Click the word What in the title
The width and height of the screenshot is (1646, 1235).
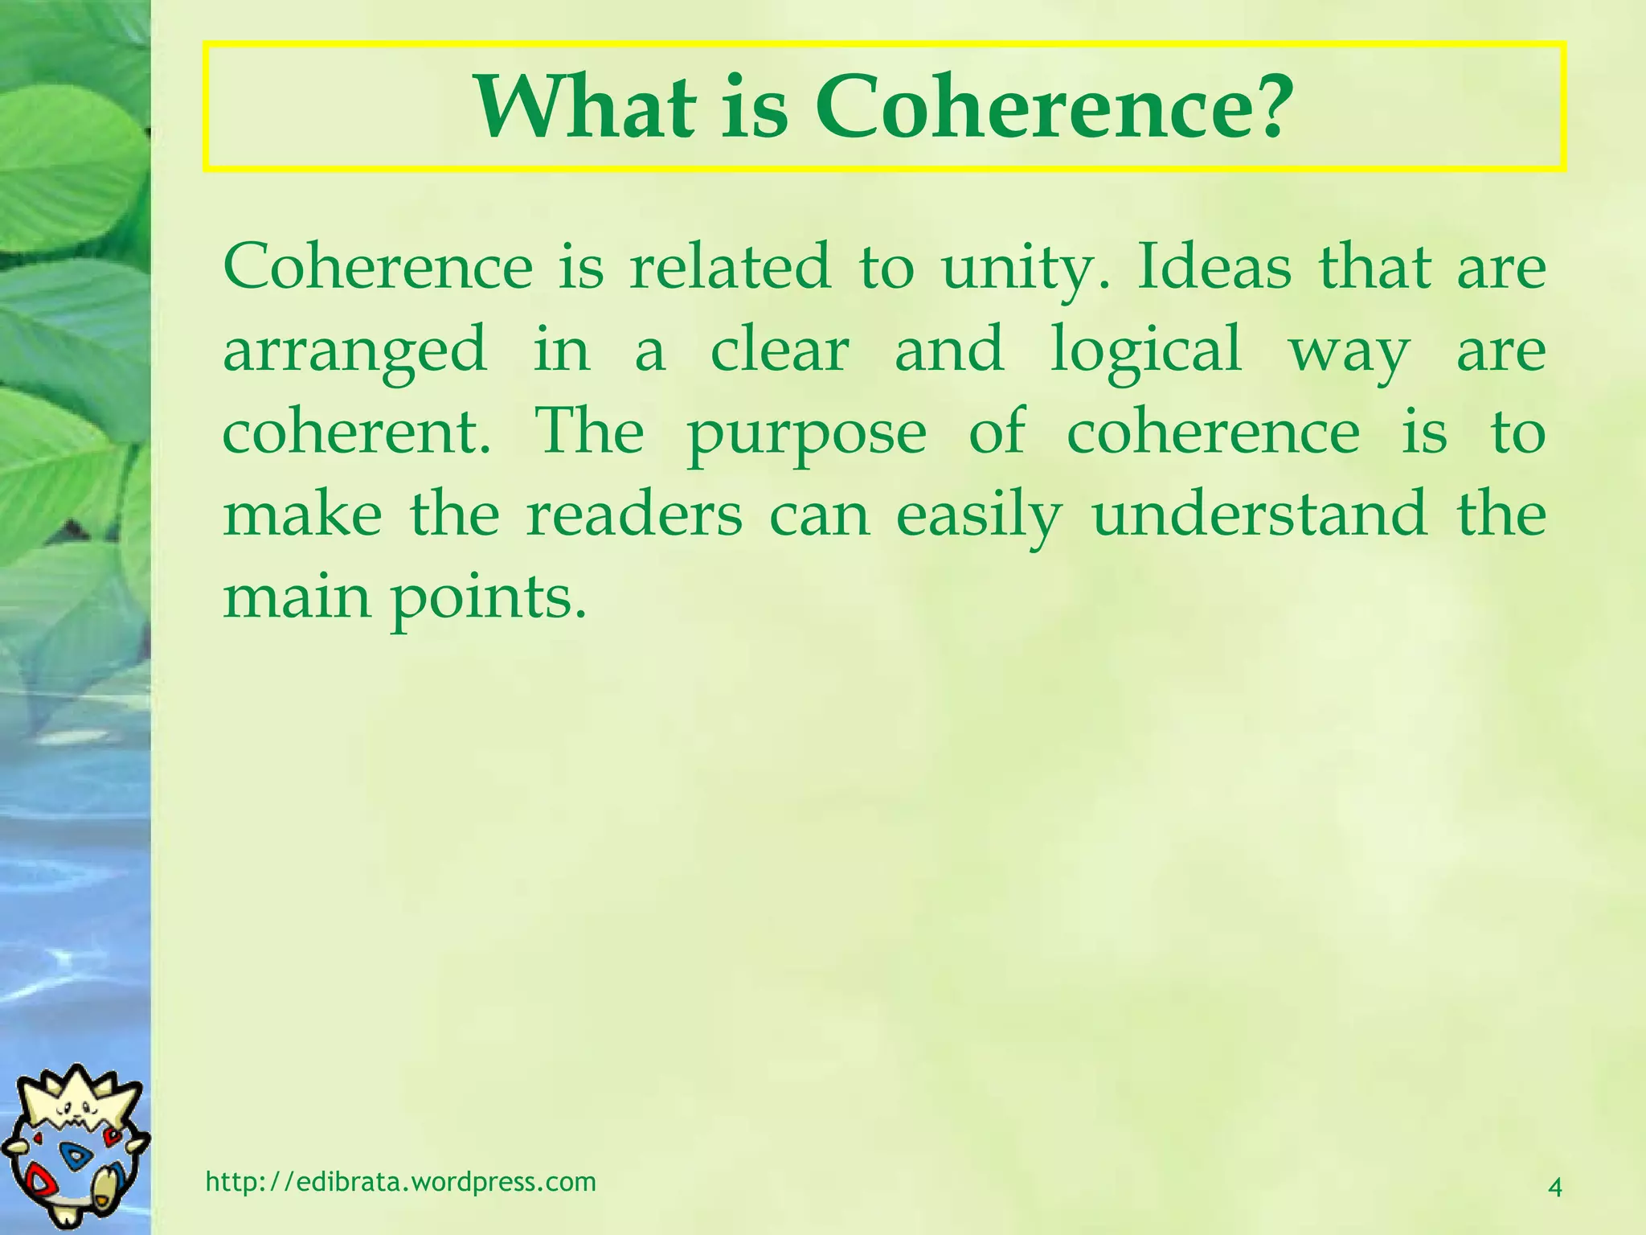pos(584,108)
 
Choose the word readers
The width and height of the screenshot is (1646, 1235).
pos(634,515)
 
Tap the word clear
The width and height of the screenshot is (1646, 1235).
pos(780,351)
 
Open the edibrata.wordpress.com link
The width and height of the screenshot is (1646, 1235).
pos(401,1181)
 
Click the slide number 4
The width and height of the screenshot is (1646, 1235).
pos(1554,1187)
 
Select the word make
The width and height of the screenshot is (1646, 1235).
pos(302,515)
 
